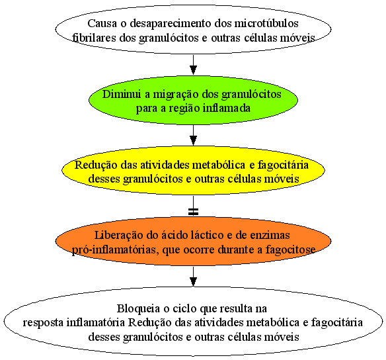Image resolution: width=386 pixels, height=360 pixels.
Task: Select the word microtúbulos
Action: click(266, 23)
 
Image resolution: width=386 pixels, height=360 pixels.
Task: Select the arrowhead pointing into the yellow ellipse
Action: click(193, 140)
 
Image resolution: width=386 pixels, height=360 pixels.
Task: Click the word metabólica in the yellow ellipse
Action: click(218, 165)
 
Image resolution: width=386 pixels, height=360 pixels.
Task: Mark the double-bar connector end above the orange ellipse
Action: click(193, 211)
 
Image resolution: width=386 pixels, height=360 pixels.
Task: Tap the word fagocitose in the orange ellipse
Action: click(290, 250)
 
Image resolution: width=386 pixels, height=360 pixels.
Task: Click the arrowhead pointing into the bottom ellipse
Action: click(193, 282)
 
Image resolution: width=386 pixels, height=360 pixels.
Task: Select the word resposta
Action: click(44, 323)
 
